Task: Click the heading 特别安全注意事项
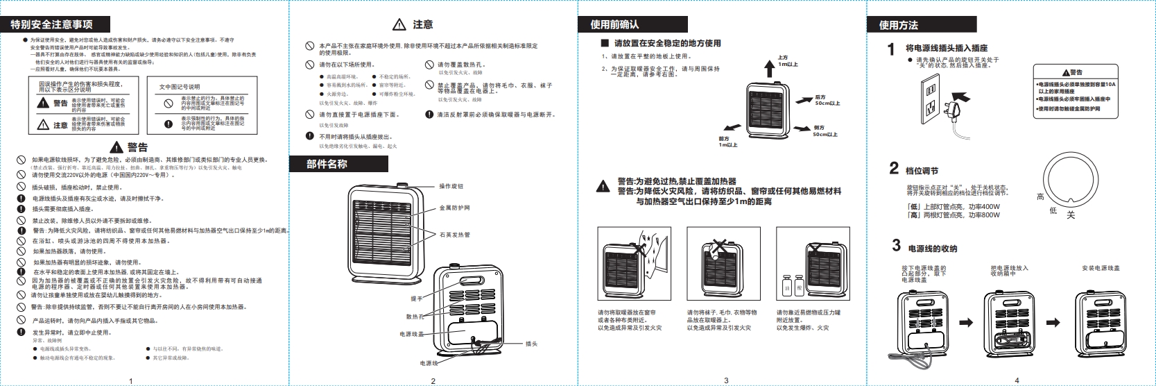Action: pos(52,24)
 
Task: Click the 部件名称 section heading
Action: pos(327,165)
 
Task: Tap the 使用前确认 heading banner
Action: pos(614,24)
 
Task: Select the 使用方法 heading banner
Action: pos(899,25)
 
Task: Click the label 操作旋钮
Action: pos(451,187)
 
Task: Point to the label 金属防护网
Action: pos(454,208)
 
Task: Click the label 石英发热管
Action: pos(454,235)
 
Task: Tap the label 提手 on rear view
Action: pos(416,299)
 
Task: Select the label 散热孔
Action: pos(415,317)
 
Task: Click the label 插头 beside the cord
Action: pos(531,344)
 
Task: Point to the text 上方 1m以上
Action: pos(787,61)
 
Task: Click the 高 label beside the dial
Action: pos(1040,197)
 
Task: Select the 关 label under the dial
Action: pos(1071,215)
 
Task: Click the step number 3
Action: pos(896,246)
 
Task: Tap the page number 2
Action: pos(433,380)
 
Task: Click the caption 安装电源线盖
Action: pos(1101,268)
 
